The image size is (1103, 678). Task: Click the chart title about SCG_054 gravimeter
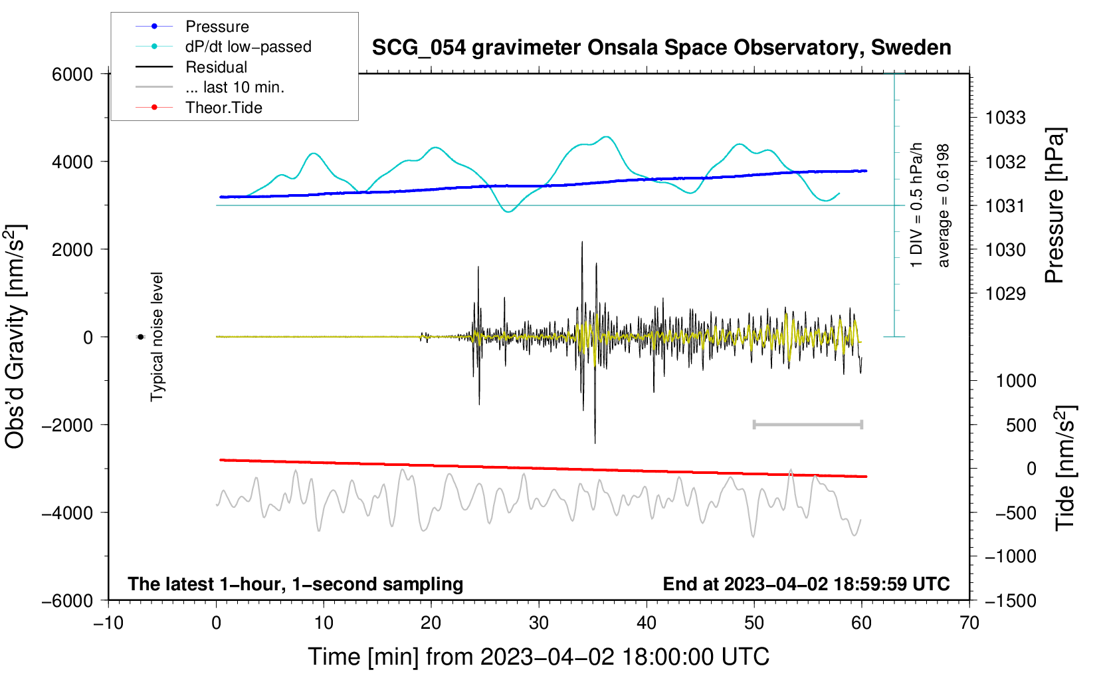coord(661,48)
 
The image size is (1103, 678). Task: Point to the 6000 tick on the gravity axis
coord(72,74)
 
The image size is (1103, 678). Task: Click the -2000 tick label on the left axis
coord(68,425)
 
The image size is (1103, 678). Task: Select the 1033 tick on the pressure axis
coord(1005,118)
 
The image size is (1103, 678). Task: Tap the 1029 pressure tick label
coord(1005,294)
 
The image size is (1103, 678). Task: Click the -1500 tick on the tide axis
coord(1011,601)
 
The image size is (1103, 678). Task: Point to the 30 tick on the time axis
coord(539,623)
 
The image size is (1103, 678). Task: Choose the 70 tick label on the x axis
coord(969,623)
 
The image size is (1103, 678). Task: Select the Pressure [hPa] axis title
coord(1054,205)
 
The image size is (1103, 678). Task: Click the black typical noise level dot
coord(141,337)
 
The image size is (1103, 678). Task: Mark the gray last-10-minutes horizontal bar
coord(807,425)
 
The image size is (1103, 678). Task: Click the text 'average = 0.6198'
coord(943,205)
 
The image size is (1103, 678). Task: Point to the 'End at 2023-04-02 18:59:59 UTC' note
coord(806,584)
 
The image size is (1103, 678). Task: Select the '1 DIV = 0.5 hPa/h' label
coord(916,205)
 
